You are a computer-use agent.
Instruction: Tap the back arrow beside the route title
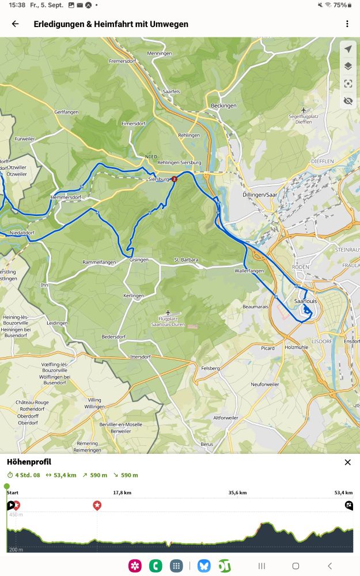[x=15, y=24]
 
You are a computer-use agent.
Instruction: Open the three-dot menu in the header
[x=347, y=24]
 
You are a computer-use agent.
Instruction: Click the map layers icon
[x=348, y=66]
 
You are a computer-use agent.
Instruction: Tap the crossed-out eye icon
[x=348, y=101]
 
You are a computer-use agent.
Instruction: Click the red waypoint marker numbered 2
[x=174, y=179]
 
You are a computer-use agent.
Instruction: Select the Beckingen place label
[x=223, y=106]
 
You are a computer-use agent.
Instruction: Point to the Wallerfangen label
[x=249, y=271]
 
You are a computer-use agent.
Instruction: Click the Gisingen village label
[x=139, y=260]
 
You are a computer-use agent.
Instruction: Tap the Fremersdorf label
[x=121, y=61]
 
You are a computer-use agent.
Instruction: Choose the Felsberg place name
[x=211, y=368]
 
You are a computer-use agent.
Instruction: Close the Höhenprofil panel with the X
[x=347, y=462]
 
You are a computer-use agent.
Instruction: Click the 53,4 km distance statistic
[x=62, y=475]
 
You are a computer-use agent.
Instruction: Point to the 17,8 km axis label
[x=122, y=493]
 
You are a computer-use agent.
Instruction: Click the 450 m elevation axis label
[x=16, y=514]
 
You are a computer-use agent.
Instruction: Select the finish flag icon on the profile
[x=348, y=506]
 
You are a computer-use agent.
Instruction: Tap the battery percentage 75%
[x=340, y=5]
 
